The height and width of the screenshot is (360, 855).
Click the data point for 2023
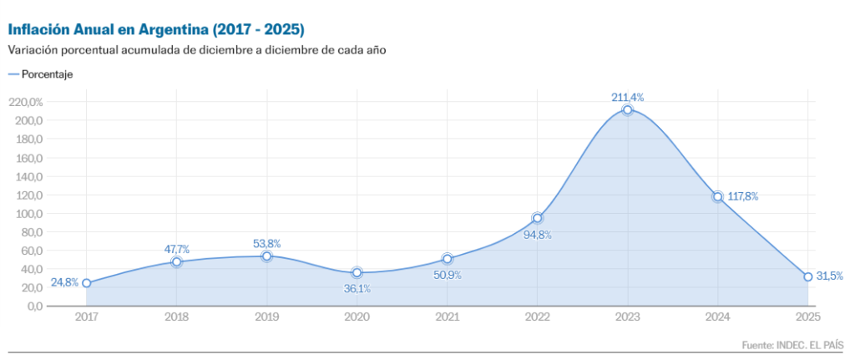pos(628,110)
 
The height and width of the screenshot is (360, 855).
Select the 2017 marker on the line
pos(87,283)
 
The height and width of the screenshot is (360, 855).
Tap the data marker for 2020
pos(357,272)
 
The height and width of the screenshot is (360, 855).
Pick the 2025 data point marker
pos(808,276)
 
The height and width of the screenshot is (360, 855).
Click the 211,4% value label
pos(628,98)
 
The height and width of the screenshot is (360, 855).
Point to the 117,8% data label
pos(741,197)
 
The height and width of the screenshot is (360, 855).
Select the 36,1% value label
pos(357,289)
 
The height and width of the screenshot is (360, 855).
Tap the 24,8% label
pos(64,282)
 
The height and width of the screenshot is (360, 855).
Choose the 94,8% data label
pos(537,235)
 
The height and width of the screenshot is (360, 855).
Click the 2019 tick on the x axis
pos(267,317)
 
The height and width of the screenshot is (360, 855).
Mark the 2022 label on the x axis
pos(538,317)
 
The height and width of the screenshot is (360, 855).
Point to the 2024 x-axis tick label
pos(718,317)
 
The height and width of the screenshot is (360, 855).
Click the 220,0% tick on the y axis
pos(25,102)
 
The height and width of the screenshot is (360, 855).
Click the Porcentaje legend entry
pos(47,74)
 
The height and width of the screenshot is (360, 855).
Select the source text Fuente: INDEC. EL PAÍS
pos(793,345)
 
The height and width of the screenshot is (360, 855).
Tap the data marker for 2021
pos(448,259)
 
